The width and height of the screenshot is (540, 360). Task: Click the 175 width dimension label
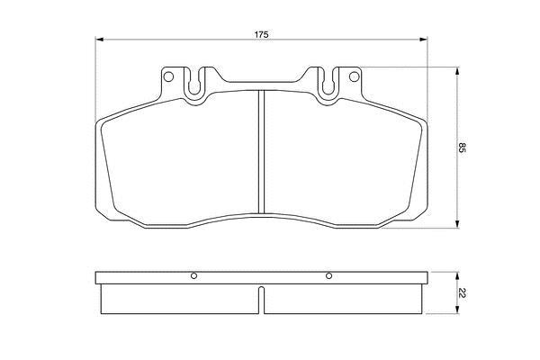tap(261, 34)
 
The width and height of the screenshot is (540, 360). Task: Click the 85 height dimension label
tap(462, 148)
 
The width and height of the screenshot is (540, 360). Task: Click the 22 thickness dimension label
tap(462, 293)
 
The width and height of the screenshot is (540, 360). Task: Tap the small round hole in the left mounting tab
tap(168, 76)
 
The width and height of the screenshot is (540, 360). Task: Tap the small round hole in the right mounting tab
tap(354, 76)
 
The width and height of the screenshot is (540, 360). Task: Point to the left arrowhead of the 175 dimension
tap(99, 40)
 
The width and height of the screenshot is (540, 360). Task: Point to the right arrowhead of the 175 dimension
tap(423, 40)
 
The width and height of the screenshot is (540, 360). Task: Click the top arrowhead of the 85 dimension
tap(457, 71)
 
